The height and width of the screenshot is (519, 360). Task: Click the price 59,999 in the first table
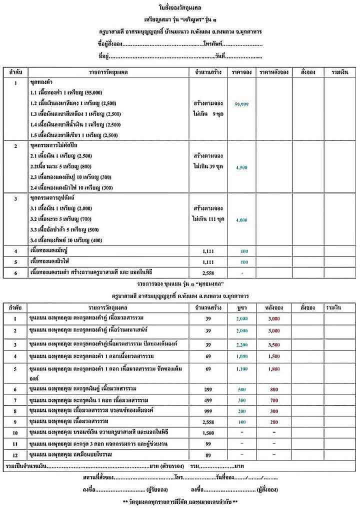point(241,104)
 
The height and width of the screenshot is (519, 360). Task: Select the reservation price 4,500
point(241,167)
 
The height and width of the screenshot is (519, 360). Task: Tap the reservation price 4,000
point(241,220)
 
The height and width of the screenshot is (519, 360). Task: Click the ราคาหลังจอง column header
point(273,72)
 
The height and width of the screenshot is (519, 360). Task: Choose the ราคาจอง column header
point(241,72)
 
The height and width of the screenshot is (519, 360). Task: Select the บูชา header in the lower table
point(241,307)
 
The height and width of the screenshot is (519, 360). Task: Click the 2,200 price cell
point(241,345)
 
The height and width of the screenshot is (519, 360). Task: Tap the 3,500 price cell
point(273,345)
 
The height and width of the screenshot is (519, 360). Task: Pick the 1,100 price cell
point(241,369)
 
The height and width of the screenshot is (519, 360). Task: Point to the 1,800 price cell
point(273,369)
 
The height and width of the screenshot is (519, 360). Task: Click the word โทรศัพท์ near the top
point(213,44)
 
